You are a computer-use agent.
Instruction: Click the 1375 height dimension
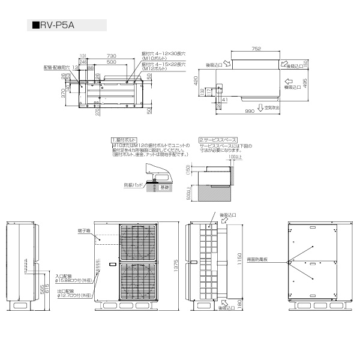176,268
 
